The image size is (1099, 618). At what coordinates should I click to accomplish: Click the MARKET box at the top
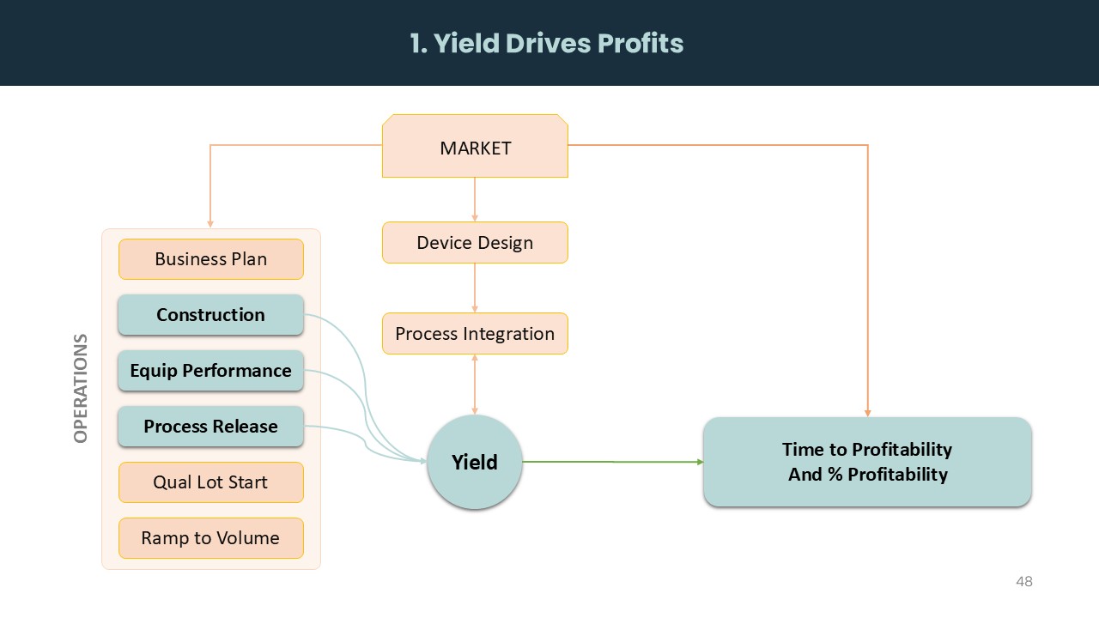pos(475,147)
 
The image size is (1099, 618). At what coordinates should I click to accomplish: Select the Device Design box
pos(475,243)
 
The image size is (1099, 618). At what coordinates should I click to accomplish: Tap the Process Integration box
pos(475,334)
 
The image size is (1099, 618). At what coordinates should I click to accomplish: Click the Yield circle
pos(475,462)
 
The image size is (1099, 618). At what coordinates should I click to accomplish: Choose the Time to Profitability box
pos(867,462)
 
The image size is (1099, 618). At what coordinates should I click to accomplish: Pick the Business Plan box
pos(210,259)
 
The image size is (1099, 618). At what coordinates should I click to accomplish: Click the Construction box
pos(210,315)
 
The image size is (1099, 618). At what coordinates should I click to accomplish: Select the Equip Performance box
pos(210,371)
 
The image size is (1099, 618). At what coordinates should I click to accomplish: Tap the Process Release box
pos(210,427)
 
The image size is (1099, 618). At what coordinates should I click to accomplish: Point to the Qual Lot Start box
pos(210,482)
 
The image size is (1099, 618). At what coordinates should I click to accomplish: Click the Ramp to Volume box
pos(210,538)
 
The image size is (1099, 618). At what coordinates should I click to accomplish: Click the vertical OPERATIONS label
pos(82,388)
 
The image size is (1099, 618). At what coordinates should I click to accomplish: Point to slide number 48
pos(1023,582)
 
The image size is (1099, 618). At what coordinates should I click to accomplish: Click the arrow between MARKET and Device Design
pos(475,199)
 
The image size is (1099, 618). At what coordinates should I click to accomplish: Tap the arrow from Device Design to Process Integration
pos(475,288)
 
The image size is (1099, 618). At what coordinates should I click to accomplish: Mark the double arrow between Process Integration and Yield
pos(475,385)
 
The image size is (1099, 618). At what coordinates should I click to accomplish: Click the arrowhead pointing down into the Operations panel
pos(210,224)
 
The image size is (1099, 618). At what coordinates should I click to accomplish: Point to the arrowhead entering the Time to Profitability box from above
pos(868,413)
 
